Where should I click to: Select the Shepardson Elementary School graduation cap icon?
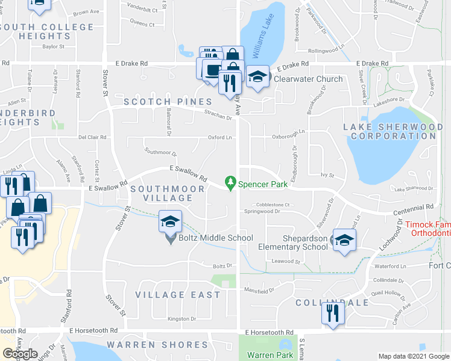pos(344,240)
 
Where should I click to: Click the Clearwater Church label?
pos(308,79)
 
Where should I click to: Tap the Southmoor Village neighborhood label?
pos(161,193)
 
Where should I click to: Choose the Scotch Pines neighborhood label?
pos(168,102)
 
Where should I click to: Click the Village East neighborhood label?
pos(178,295)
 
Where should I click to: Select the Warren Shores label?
pos(157,345)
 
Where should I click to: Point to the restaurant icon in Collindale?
pos(332,312)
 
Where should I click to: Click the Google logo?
pos(20,354)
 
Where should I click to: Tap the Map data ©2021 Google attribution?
pos(413,356)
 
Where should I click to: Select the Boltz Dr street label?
pos(222,265)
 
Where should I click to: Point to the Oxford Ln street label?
pos(220,137)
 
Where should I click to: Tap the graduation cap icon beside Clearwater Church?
pos(257,76)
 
